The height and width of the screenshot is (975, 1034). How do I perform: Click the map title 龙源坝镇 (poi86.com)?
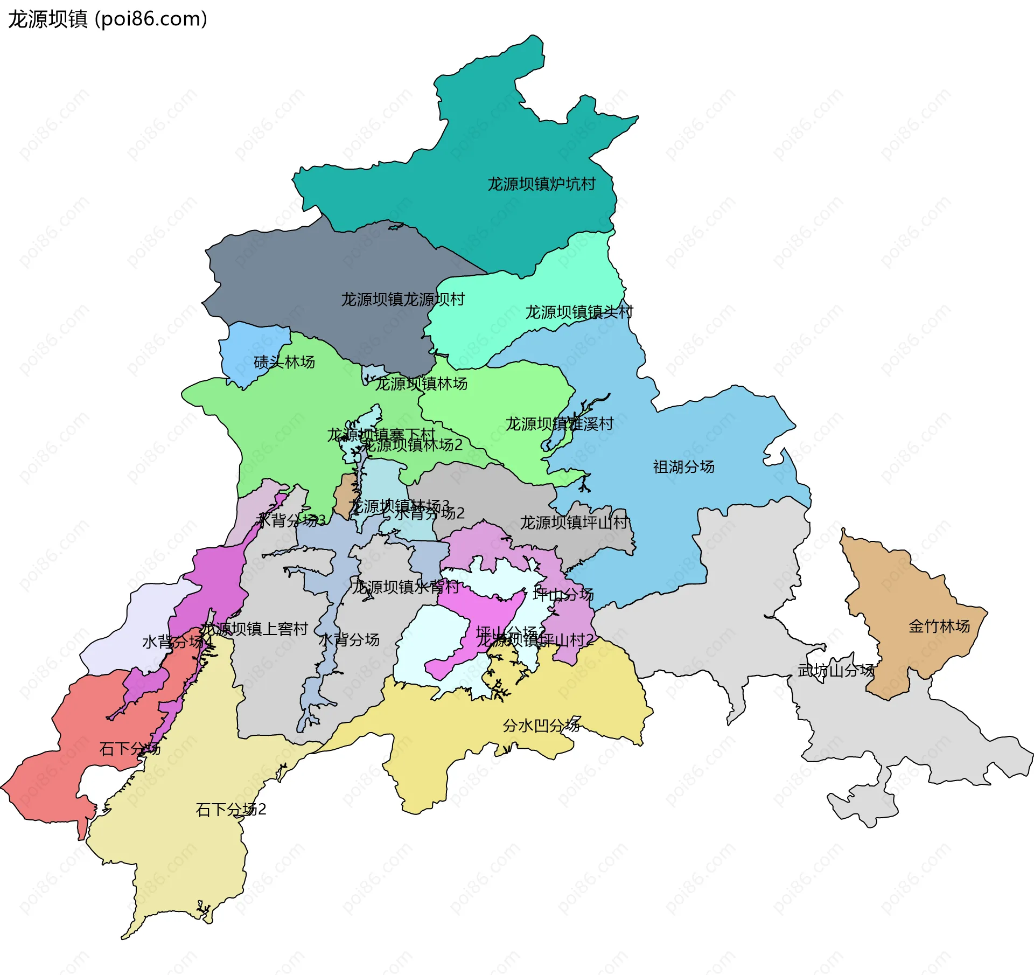(108, 19)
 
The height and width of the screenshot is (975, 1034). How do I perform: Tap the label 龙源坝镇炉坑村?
(541, 184)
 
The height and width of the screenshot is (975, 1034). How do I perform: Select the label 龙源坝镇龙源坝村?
(403, 300)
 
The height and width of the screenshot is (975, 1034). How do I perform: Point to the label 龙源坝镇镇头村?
(579, 312)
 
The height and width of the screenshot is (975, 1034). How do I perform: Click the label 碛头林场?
(284, 363)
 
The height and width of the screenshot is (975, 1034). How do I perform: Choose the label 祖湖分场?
(683, 467)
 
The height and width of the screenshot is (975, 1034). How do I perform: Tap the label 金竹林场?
(939, 626)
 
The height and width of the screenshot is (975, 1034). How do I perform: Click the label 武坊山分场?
(836, 671)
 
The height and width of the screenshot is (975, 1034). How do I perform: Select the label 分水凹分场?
(541, 726)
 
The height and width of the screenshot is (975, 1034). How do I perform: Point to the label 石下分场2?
(231, 810)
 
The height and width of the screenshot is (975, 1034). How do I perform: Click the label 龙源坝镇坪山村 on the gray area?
(574, 523)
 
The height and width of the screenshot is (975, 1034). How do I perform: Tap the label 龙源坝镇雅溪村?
(559, 424)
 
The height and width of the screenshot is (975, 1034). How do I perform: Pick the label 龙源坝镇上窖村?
(254, 629)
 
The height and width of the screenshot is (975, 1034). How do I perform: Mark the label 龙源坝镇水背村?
(405, 587)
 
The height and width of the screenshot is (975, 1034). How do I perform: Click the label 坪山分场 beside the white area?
(563, 595)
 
